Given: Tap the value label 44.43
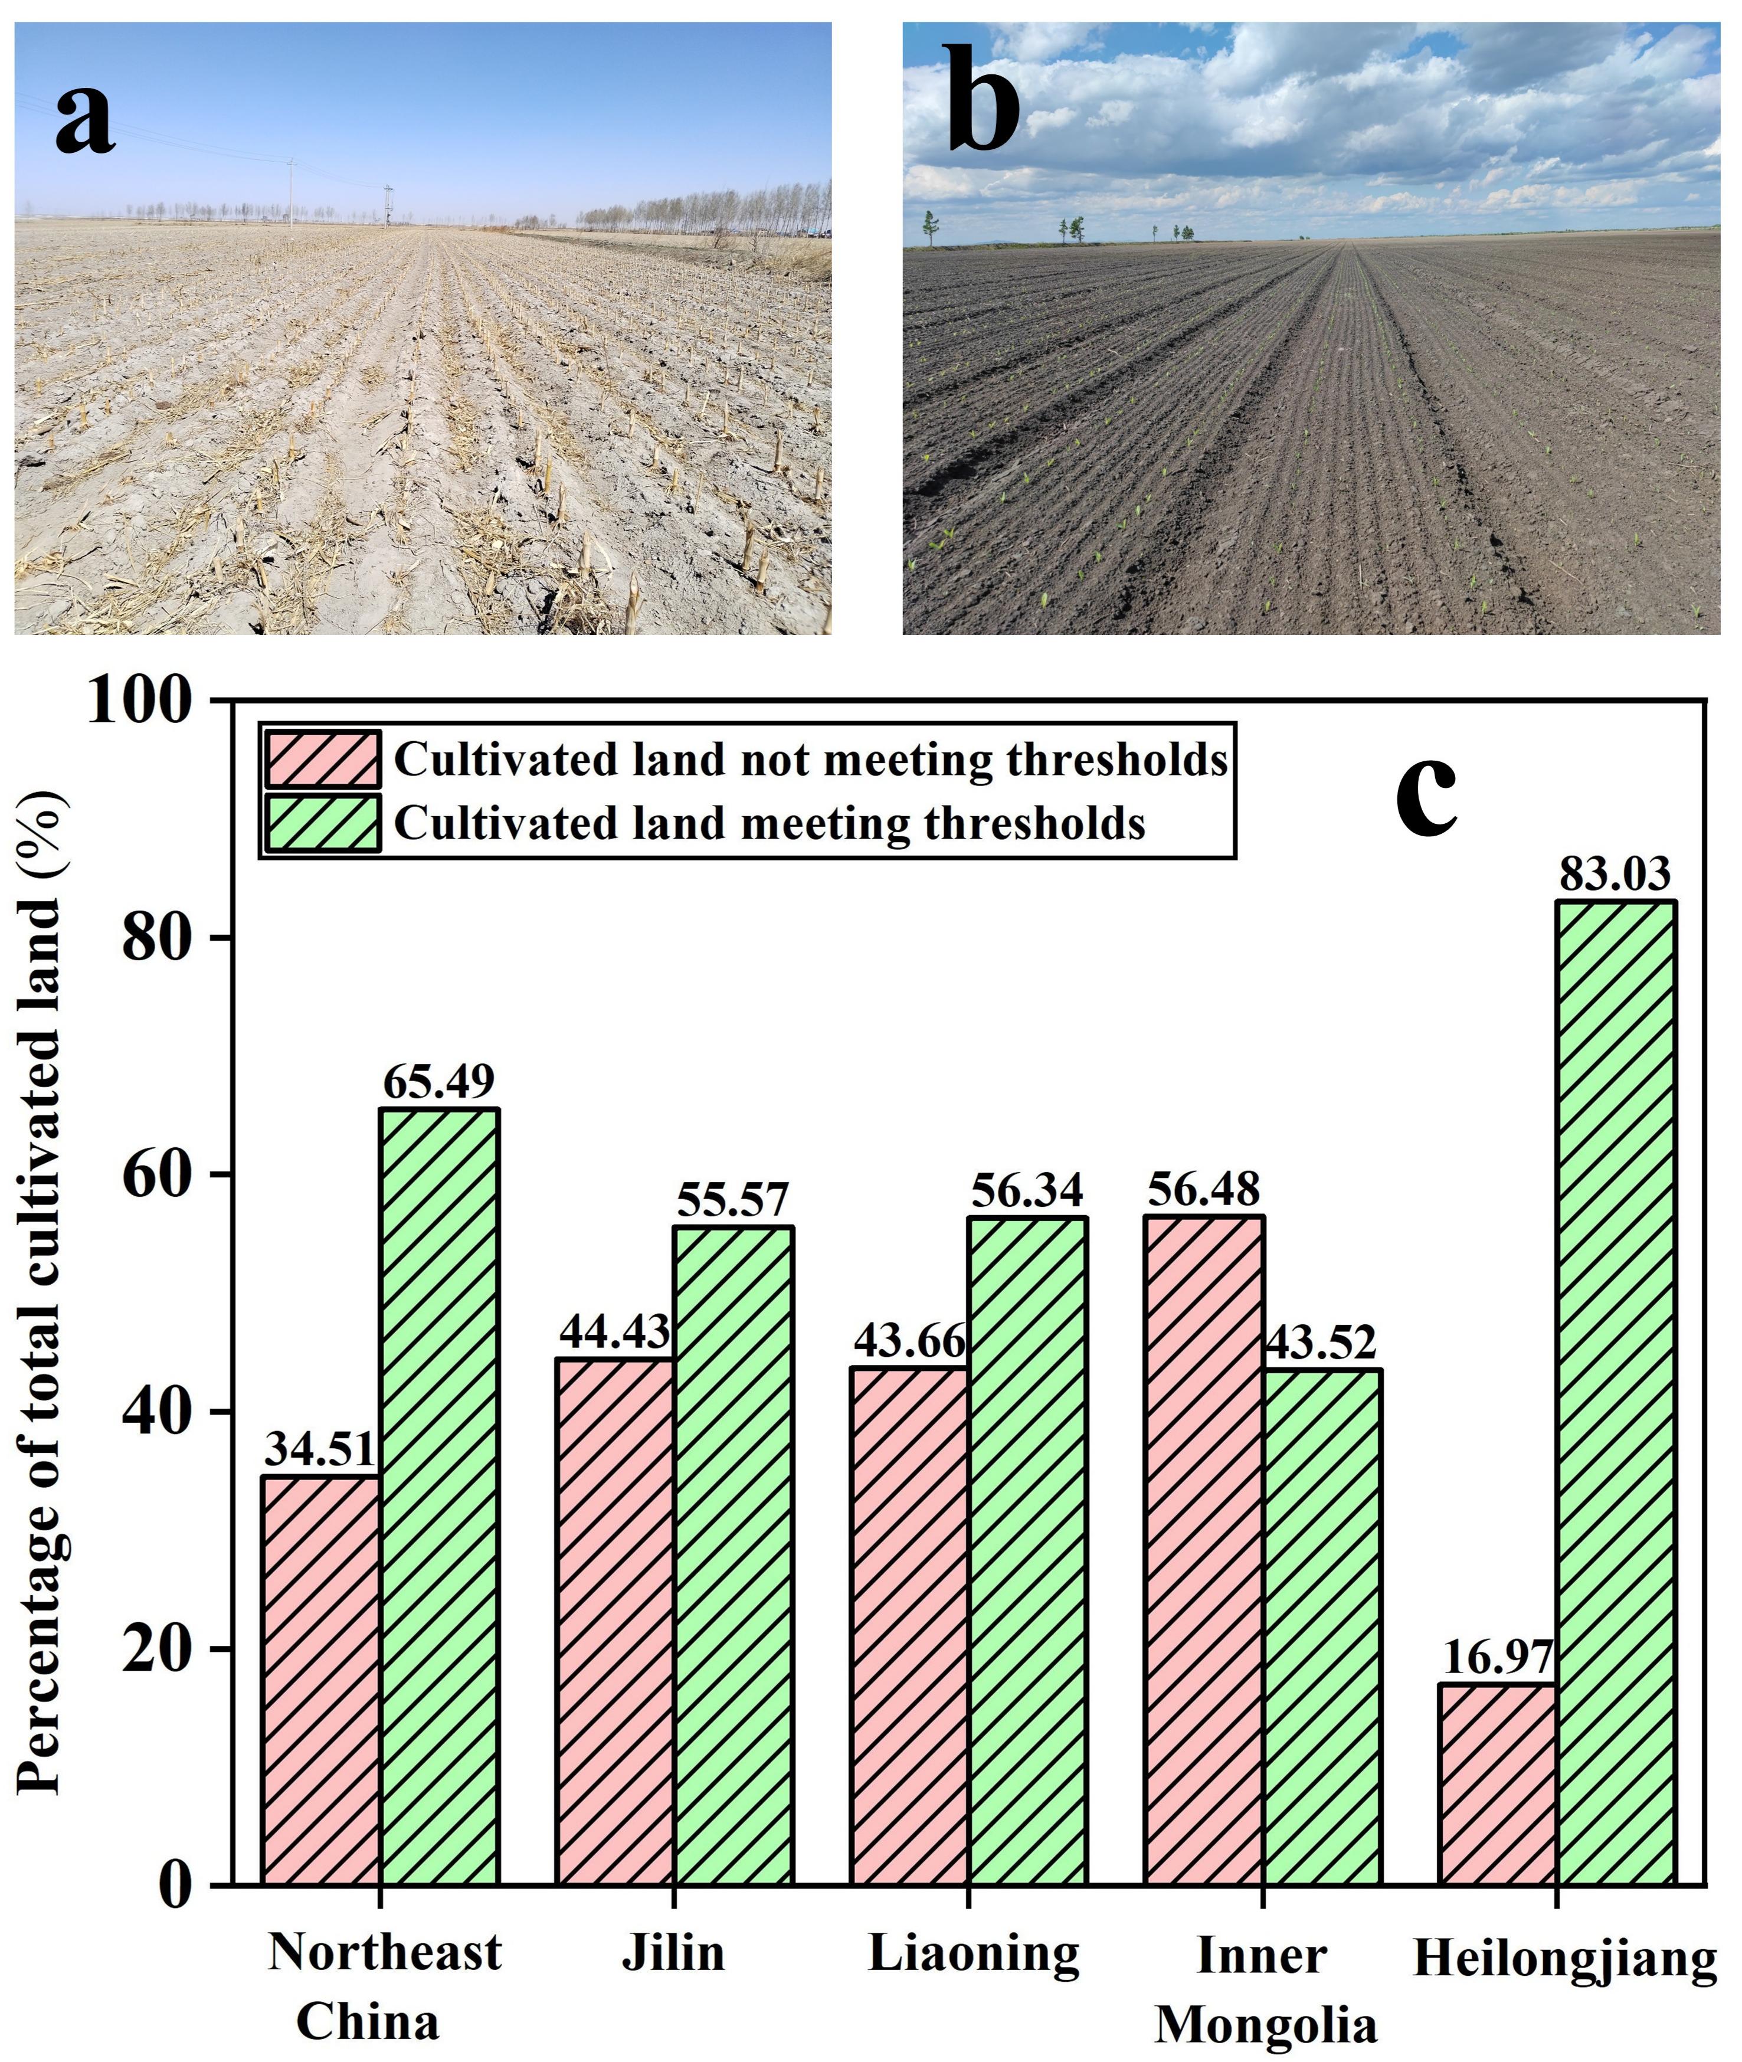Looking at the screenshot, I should pos(614,1332).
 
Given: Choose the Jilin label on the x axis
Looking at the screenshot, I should pos(673,1953).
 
